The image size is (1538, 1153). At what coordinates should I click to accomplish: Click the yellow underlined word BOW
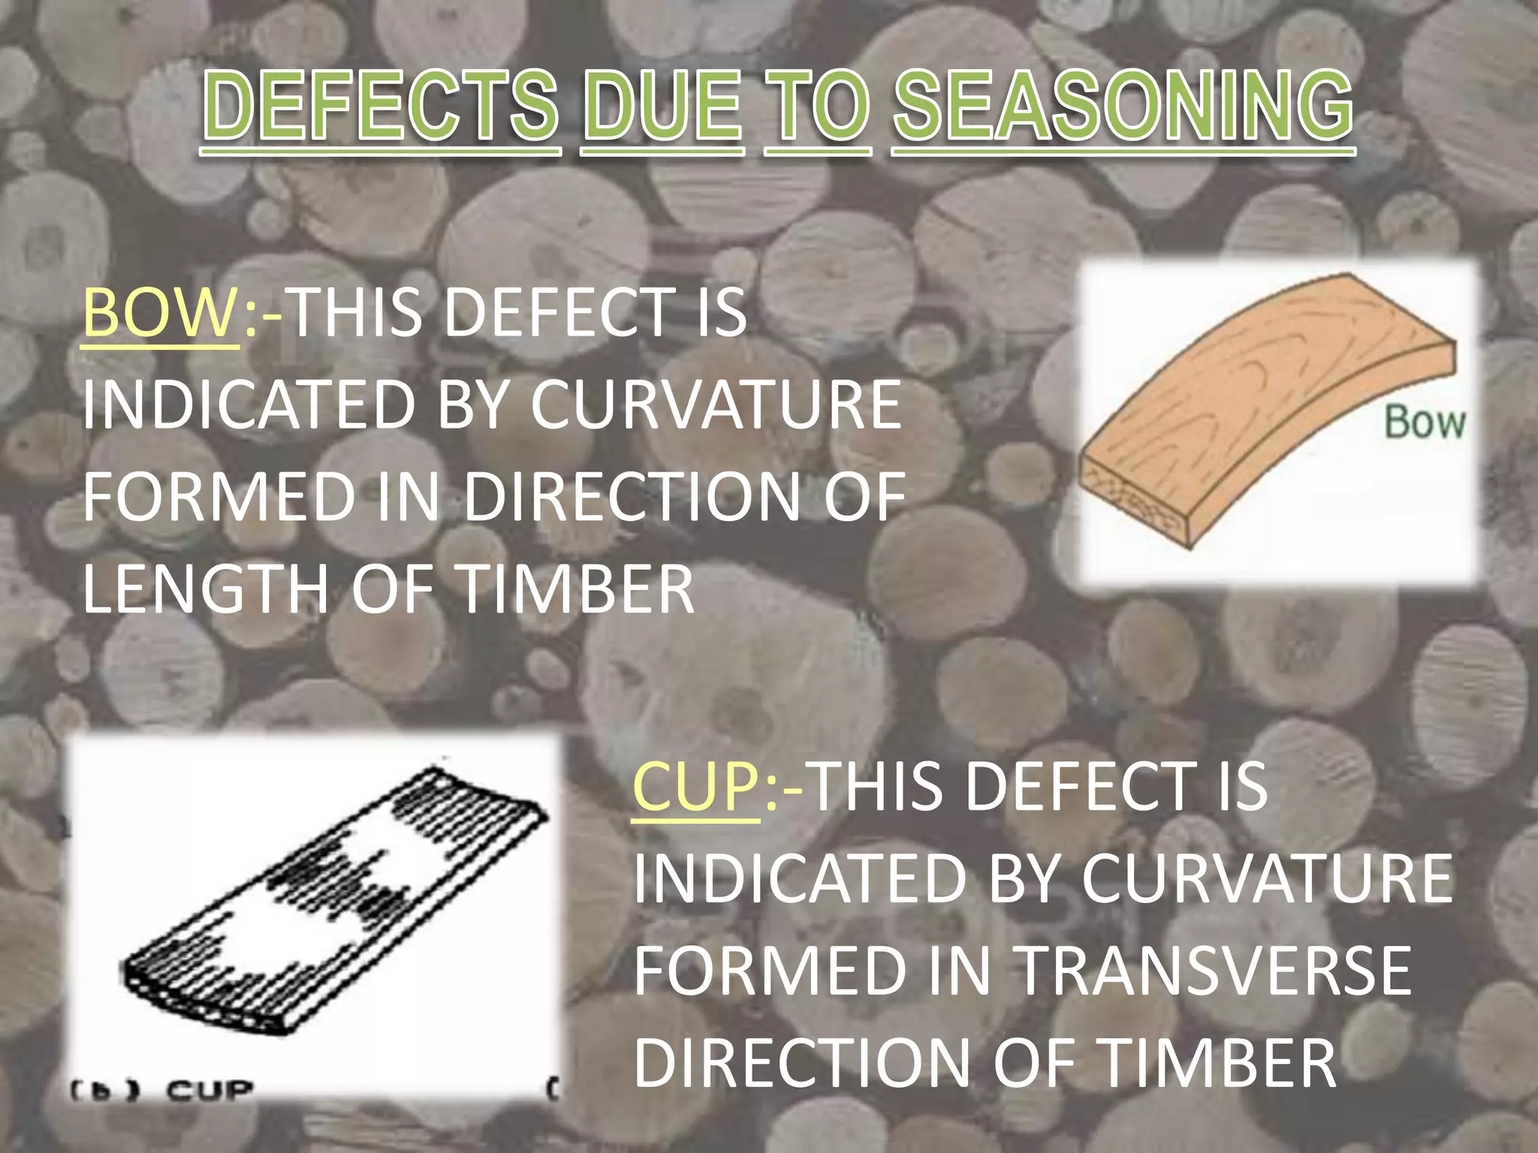[x=159, y=313]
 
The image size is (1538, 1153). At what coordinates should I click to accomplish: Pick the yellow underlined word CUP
[x=696, y=787]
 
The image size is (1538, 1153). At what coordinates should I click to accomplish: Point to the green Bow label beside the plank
[x=1424, y=422]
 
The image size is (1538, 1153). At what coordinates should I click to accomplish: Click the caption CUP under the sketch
[x=210, y=1090]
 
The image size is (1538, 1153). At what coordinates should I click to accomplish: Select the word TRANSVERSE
[x=1212, y=971]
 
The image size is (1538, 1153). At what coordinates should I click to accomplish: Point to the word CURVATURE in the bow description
[x=716, y=405]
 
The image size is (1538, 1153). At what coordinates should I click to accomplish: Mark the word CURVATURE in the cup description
[x=1267, y=878]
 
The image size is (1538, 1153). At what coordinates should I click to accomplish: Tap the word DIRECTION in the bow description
[x=633, y=497]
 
